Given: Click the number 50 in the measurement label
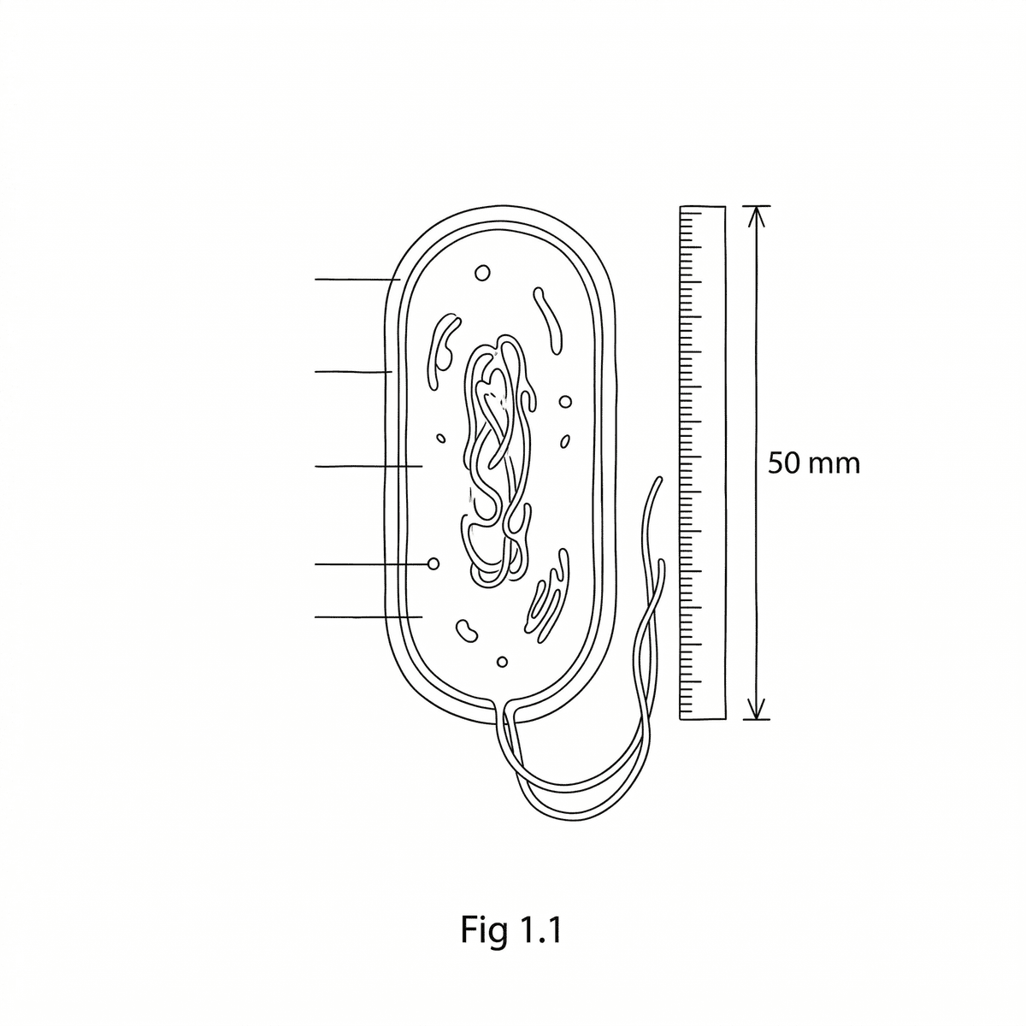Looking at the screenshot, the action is [784, 463].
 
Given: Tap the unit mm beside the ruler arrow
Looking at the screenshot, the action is [834, 465].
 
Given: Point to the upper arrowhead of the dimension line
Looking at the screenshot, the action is [756, 216].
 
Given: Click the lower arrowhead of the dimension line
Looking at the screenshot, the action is [756, 709].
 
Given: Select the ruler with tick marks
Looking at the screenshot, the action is [703, 463].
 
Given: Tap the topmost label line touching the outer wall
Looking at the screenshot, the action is [357, 279].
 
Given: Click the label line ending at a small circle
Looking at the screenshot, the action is [372, 563].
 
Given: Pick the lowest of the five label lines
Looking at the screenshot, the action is [369, 617].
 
